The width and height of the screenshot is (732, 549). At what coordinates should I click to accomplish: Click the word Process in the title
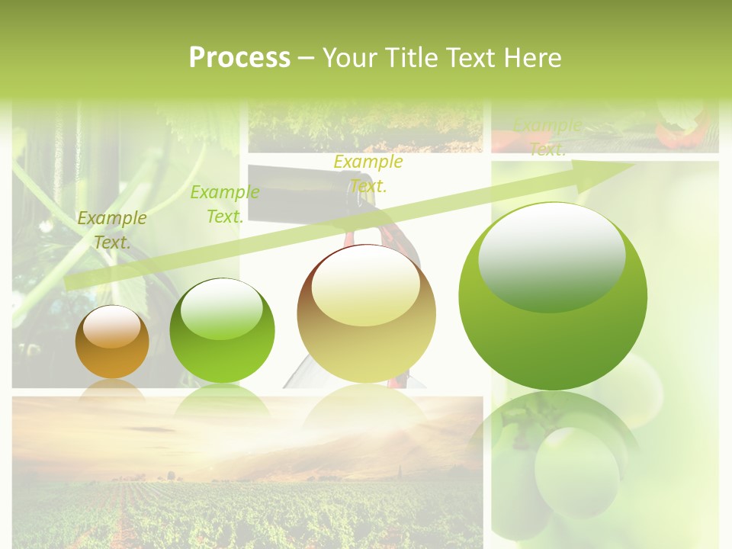(x=239, y=58)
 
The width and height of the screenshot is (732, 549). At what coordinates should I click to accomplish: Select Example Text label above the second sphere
(x=225, y=204)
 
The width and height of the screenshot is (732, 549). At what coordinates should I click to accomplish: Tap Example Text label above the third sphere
(x=368, y=174)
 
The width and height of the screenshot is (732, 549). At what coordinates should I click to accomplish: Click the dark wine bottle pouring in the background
(x=305, y=187)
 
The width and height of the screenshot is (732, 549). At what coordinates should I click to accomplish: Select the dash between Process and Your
(x=307, y=58)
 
